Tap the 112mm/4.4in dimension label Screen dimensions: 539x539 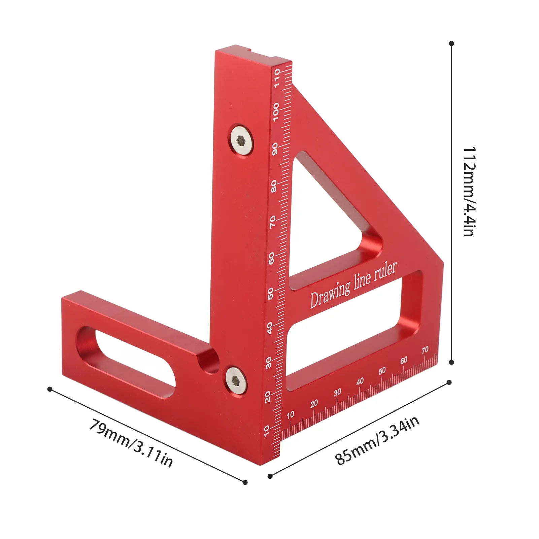(x=469, y=192)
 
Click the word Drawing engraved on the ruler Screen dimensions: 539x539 (x=330, y=294)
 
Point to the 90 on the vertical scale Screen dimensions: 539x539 (x=275, y=149)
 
